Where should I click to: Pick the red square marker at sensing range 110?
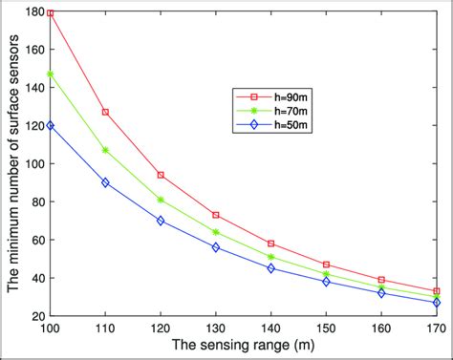[x=105, y=112]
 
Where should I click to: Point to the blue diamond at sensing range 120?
[x=161, y=221]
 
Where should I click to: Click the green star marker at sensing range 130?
[x=216, y=232]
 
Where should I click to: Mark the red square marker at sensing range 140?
[x=271, y=244]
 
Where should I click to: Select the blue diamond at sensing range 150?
[x=327, y=282]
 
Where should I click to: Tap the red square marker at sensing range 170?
[x=437, y=291]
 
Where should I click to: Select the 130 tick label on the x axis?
[x=216, y=328]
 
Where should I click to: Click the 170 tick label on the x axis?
[x=435, y=328]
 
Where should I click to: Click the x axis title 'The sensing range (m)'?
[x=243, y=346]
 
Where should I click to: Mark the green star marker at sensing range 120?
[x=161, y=200]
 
